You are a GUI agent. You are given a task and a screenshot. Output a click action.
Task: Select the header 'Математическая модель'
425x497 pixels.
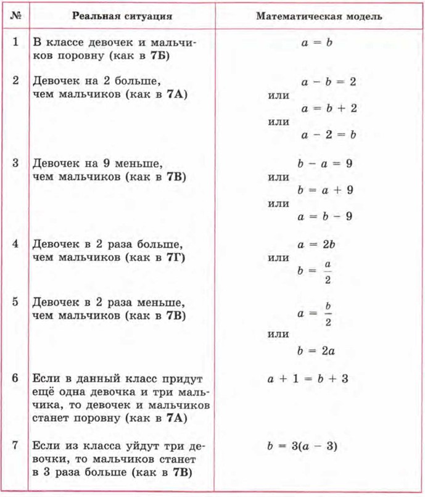319,16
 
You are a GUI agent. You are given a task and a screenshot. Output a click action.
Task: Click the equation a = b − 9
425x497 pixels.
324,216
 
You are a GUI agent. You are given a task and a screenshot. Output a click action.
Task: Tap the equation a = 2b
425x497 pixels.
315,244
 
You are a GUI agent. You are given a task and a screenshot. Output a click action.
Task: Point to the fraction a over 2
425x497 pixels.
328,272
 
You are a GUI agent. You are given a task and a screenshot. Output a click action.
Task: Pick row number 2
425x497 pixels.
15,81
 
